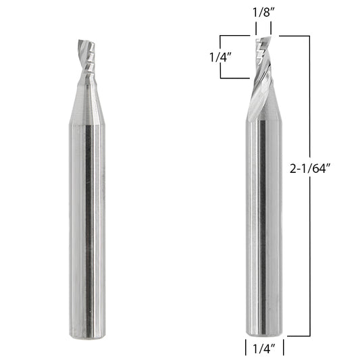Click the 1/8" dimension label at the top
pyautogui.click(x=263, y=12)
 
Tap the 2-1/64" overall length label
pyautogui.click(x=310, y=169)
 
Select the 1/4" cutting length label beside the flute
pyautogui.click(x=220, y=57)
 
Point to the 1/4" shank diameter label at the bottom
pyautogui.click(x=264, y=349)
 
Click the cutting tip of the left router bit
pyautogui.click(x=86, y=41)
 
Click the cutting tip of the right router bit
pyautogui.click(x=264, y=38)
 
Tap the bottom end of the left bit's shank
pyautogui.click(x=87, y=337)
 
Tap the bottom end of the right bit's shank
pyautogui.click(x=264, y=334)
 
